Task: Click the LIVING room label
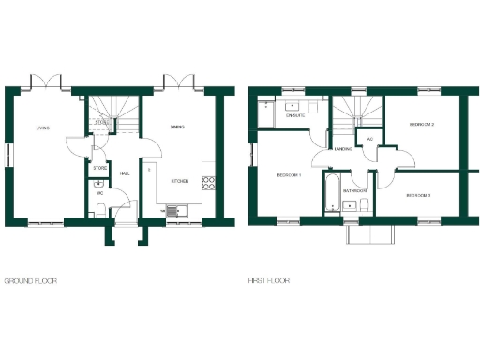click(43, 128)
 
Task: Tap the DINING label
click(177, 127)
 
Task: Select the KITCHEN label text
click(179, 180)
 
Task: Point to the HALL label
click(125, 173)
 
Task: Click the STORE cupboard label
click(100, 168)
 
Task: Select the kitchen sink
click(174, 210)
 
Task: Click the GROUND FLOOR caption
click(30, 280)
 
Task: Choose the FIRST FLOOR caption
click(269, 280)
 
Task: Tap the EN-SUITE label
click(294, 115)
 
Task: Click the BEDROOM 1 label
click(288, 175)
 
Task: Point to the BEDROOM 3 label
click(418, 195)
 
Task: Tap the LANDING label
click(343, 149)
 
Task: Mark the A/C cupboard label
click(370, 140)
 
